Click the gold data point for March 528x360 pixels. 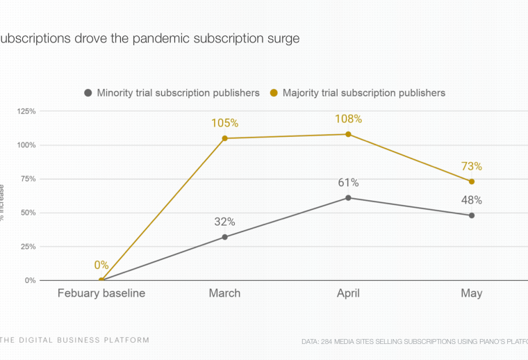(225, 138)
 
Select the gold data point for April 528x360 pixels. (348, 134)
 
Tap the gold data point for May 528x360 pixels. (472, 181)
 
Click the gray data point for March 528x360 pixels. (225, 237)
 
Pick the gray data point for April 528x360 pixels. (348, 198)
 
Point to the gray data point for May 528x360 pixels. (472, 215)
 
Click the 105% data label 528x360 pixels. (225, 123)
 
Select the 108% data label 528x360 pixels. (348, 119)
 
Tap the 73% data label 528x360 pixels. (471, 166)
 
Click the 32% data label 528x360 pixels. (225, 222)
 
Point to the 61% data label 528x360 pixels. (348, 183)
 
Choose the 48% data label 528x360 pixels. (471, 200)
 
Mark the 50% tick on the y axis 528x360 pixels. (27, 213)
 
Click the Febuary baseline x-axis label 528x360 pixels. (101, 293)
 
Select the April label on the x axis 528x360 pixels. (348, 293)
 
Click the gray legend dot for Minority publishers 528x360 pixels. (88, 92)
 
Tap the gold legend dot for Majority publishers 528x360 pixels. (274, 92)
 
